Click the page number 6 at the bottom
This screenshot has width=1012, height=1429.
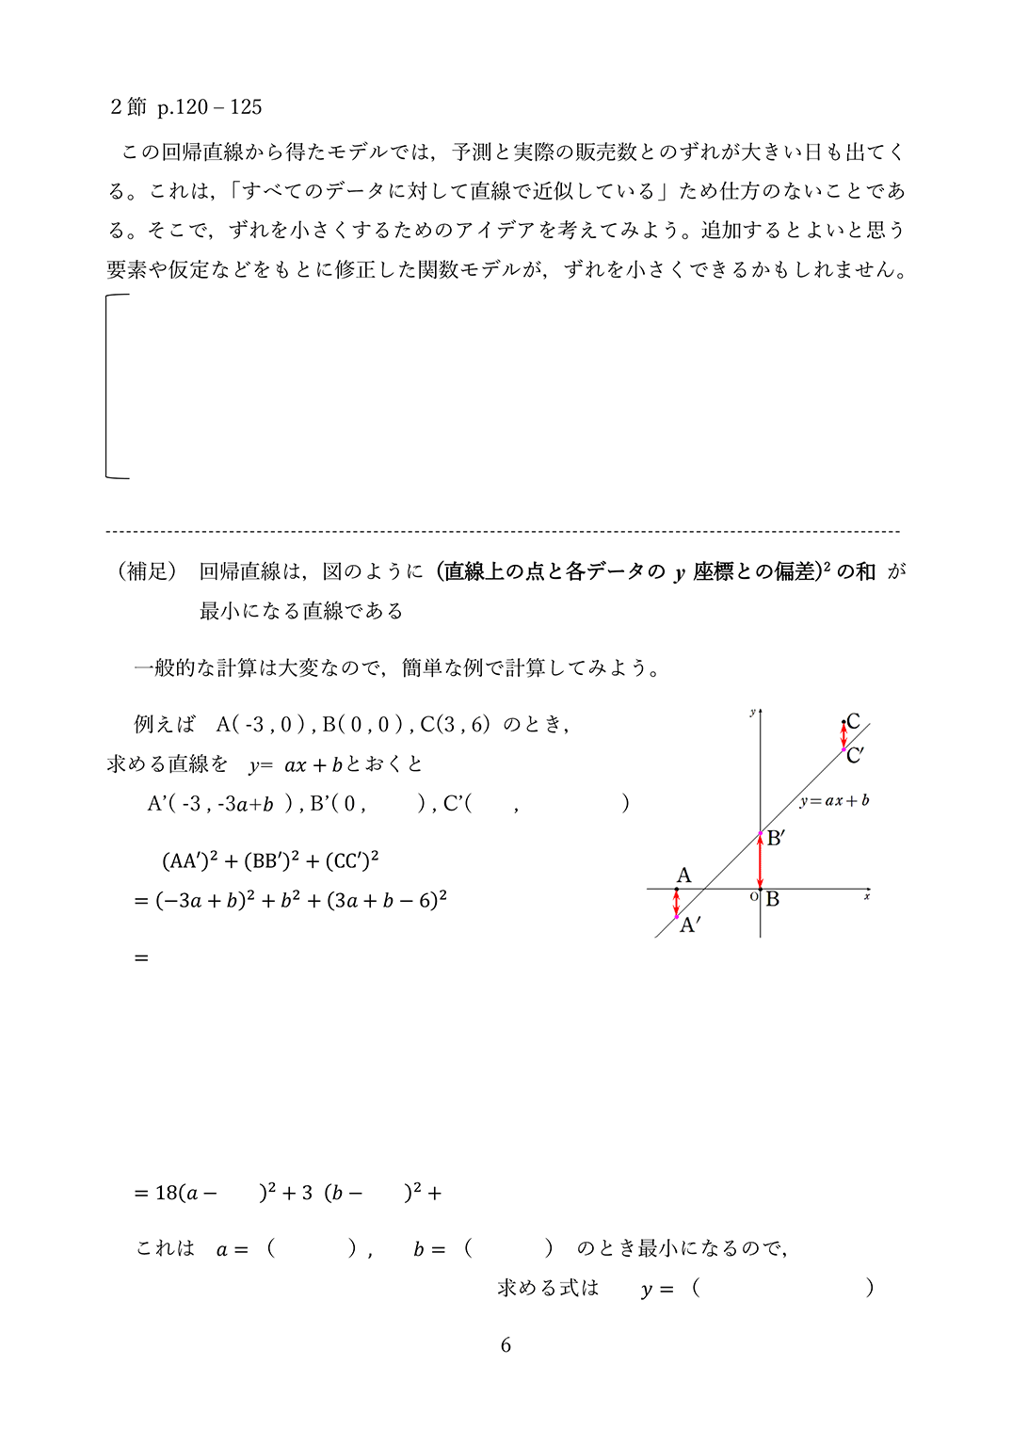coord(506,1345)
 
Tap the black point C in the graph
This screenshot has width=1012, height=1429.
coord(843,722)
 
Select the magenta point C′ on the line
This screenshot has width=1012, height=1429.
coord(843,749)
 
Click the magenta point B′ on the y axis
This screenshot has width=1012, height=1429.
coord(760,834)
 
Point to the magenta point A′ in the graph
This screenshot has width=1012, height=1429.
coord(676,916)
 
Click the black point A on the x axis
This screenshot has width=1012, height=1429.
coord(676,889)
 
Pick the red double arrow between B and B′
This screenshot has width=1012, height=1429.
coord(760,861)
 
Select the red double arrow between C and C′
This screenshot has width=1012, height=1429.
coord(843,736)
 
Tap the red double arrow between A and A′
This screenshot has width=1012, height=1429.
coord(676,903)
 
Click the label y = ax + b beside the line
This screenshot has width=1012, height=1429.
coord(834,801)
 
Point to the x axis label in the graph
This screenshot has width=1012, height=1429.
coord(866,897)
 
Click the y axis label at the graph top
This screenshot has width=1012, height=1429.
coord(751,713)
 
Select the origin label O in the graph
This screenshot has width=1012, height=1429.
coord(753,897)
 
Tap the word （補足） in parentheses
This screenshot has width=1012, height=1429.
coord(145,571)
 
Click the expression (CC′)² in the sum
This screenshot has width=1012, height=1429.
coord(352,860)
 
